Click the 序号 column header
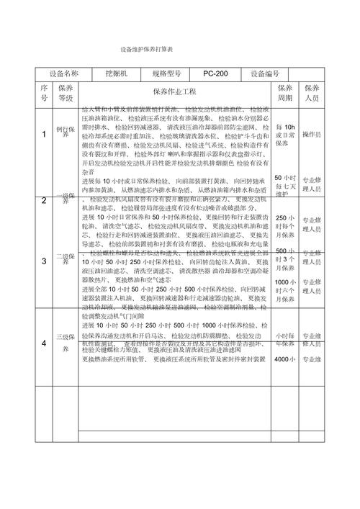44,92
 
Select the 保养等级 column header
66,92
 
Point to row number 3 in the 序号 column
44,260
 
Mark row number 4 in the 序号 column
44,343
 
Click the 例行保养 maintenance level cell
66,129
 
